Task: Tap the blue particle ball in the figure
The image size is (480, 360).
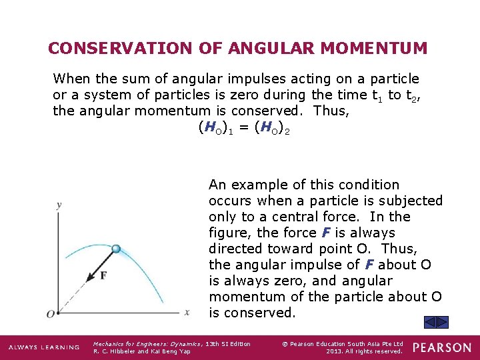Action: (x=116, y=249)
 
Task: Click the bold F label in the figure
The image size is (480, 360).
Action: (x=103, y=275)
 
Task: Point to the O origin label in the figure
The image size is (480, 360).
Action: (x=50, y=313)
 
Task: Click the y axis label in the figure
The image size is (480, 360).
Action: (x=59, y=205)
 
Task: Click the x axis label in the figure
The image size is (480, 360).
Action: (x=187, y=311)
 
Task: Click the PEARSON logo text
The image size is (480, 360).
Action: (x=442, y=347)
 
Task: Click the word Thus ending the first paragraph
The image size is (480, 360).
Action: (x=330, y=111)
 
